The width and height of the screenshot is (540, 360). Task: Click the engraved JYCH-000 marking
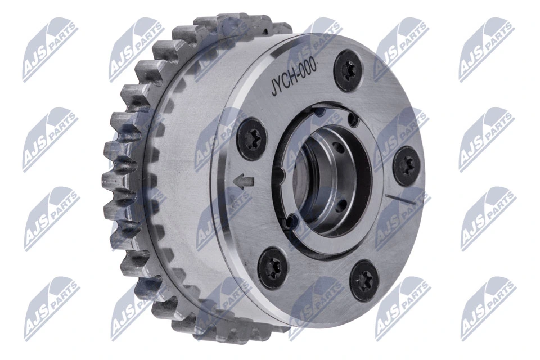[293, 78]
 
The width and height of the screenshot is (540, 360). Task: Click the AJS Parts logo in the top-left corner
[50, 49]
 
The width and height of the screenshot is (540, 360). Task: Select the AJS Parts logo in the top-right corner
[487, 49]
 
